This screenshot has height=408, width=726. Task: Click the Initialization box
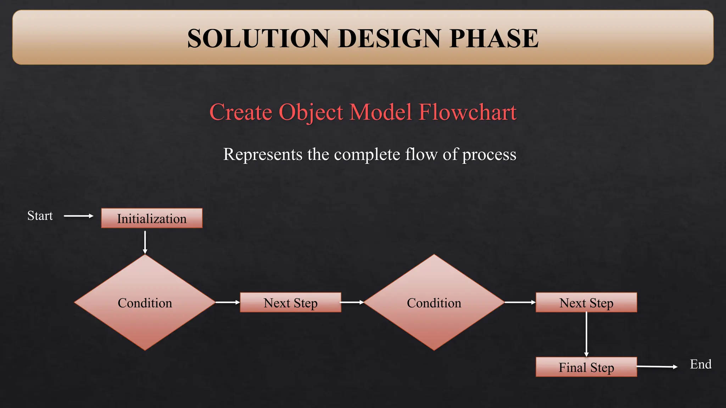[152, 218]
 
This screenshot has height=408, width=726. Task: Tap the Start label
[40, 216]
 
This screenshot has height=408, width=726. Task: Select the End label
[700, 364]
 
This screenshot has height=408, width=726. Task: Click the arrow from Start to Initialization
[79, 216]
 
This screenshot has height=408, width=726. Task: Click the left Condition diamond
[145, 302]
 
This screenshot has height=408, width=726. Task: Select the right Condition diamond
[434, 302]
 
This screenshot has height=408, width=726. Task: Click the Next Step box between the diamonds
[290, 302]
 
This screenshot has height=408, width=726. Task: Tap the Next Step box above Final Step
[586, 302]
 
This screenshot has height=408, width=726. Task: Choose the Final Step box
[586, 367]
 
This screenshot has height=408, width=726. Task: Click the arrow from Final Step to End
[657, 367]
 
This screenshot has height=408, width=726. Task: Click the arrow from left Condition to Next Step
[228, 302]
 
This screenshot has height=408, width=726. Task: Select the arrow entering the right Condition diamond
[352, 302]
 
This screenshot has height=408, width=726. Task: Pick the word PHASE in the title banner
[494, 38]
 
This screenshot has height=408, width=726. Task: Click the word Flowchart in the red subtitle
[468, 112]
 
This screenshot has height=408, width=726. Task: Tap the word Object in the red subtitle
[311, 112]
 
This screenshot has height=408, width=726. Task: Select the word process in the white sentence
[489, 154]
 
